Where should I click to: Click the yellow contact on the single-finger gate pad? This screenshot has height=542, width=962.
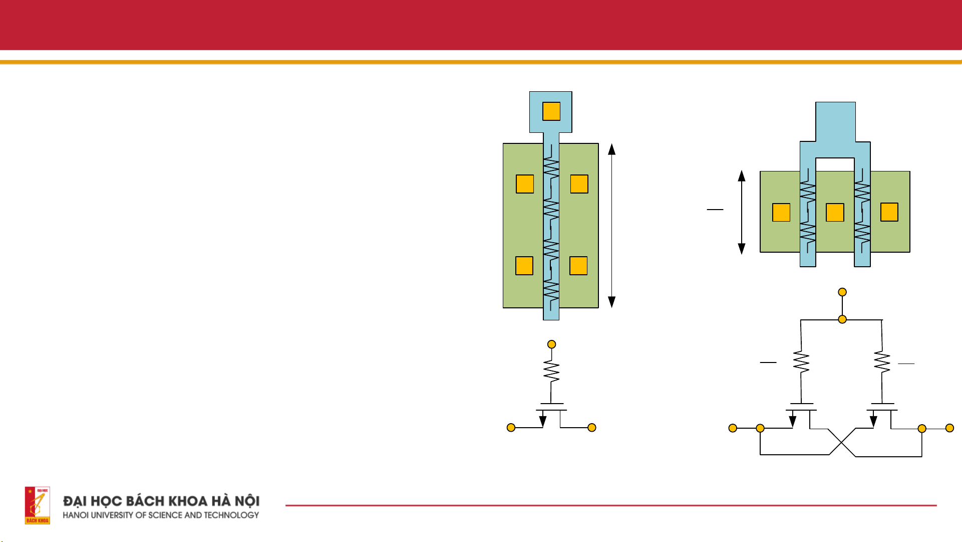point(551,111)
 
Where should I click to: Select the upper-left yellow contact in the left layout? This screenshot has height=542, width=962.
point(525,184)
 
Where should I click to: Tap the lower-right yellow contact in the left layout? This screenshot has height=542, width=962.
point(578,266)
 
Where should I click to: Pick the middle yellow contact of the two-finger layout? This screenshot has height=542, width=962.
point(835,213)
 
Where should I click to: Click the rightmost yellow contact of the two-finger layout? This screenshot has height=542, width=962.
point(889,212)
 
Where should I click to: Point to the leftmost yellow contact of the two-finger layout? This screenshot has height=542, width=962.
point(781,213)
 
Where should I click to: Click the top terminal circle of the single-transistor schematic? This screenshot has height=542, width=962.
point(551,344)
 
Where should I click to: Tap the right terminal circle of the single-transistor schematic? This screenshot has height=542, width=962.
point(592,428)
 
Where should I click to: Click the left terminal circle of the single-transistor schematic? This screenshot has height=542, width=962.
point(511,428)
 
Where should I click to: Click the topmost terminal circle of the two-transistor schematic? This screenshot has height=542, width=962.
point(842,292)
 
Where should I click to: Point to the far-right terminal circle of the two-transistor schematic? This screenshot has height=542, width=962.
point(949,428)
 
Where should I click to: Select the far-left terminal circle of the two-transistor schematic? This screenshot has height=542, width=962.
point(733,428)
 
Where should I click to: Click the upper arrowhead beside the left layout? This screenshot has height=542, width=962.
point(611,149)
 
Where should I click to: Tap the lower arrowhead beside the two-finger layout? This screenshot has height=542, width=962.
point(742,249)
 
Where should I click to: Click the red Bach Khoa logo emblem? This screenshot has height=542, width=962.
point(38,505)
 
